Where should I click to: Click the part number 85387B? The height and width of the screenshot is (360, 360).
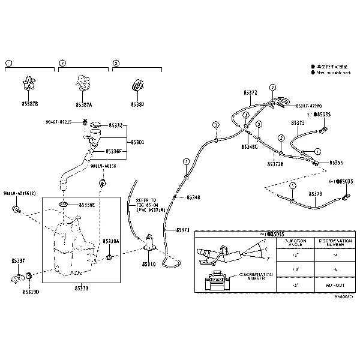pyautogui.click(x=28, y=104)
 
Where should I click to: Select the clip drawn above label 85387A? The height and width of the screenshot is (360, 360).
pyautogui.click(x=83, y=86)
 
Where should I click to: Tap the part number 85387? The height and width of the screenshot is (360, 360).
pyautogui.click(x=137, y=104)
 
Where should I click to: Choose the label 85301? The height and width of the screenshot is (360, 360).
pyautogui.click(x=119, y=142)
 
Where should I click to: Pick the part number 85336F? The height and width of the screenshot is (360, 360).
pyautogui.click(x=113, y=151)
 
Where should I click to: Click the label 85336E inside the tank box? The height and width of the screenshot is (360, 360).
pyautogui.click(x=85, y=205)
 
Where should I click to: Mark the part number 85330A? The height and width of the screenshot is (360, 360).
pyautogui.click(x=111, y=241)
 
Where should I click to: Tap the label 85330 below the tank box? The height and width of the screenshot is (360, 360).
pyautogui.click(x=81, y=289)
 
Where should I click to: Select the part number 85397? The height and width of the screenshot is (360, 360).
pyautogui.click(x=19, y=261)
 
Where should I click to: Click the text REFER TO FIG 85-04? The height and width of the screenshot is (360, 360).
pyautogui.click(x=146, y=203)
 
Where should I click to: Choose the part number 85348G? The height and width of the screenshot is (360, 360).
pyautogui.click(x=250, y=146)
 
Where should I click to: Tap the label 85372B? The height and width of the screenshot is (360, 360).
pyautogui.click(x=276, y=163)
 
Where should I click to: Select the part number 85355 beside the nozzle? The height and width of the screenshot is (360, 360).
pyautogui.click(x=337, y=163)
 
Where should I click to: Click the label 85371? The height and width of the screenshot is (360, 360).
pyautogui.click(x=184, y=230)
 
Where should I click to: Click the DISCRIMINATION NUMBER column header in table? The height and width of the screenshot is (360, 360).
pyautogui.click(x=332, y=242)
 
